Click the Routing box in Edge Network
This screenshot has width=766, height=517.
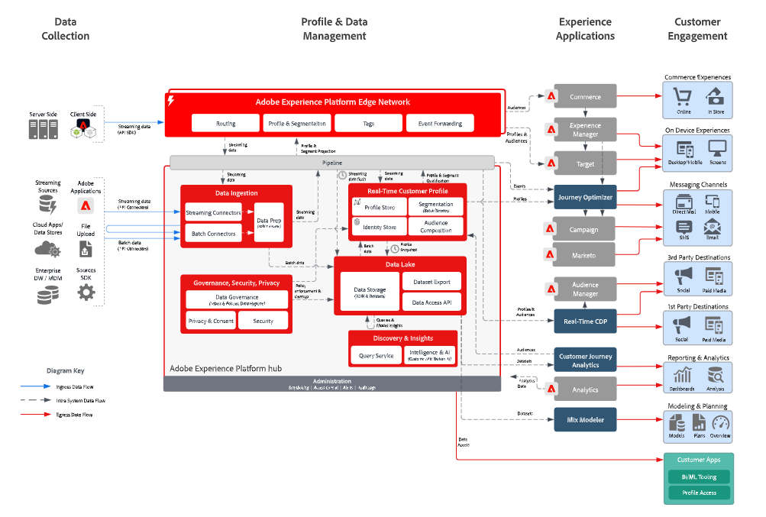225,123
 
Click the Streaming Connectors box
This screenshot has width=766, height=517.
214,212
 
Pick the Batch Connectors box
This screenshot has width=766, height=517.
214,233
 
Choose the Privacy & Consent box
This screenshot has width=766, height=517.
211,321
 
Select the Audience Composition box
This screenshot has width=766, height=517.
435,227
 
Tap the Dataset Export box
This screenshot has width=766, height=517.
431,281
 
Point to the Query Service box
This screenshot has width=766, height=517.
376,355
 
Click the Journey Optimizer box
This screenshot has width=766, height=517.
585,197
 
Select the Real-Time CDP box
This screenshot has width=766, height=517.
585,322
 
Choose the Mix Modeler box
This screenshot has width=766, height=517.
585,419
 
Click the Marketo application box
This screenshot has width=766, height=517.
585,255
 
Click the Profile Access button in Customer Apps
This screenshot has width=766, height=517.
699,493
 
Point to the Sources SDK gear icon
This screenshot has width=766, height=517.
86,292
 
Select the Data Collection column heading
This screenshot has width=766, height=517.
65,29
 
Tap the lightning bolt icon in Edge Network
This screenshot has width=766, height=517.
171,101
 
